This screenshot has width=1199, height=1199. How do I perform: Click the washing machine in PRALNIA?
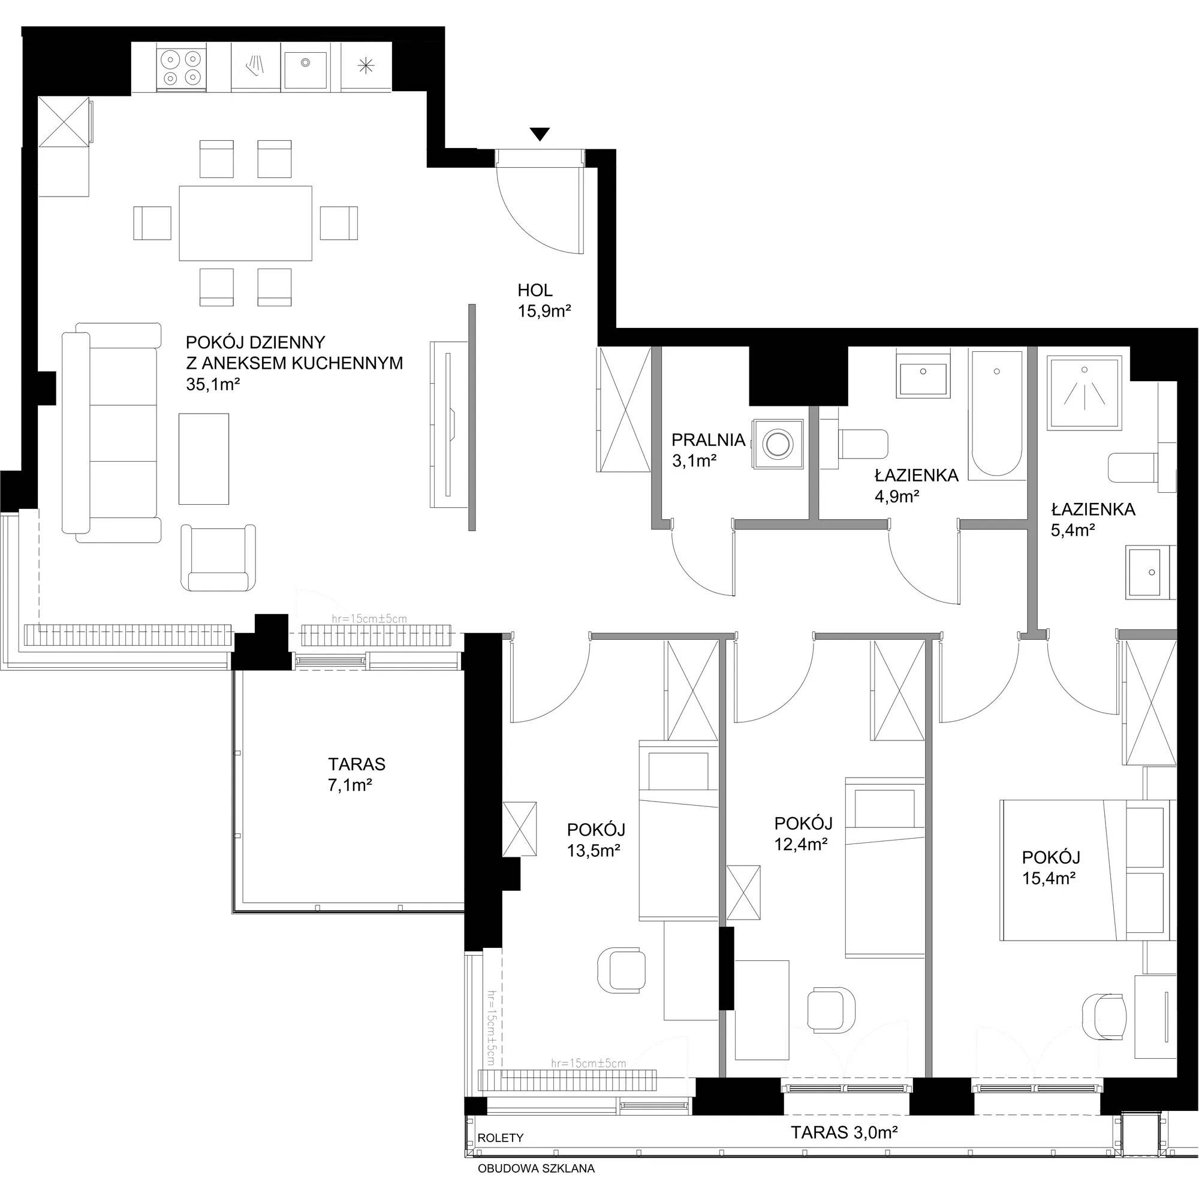(x=778, y=444)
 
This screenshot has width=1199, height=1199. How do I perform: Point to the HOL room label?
(x=535, y=290)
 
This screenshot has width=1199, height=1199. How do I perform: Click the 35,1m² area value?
(x=213, y=384)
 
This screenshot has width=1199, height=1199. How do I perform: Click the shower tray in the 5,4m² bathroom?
(x=1084, y=393)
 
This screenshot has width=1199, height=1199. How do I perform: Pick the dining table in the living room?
(x=245, y=223)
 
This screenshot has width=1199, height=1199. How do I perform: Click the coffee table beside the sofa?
(x=204, y=459)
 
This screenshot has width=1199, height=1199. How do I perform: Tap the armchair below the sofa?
(x=218, y=558)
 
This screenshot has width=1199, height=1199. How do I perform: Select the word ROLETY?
(x=500, y=1138)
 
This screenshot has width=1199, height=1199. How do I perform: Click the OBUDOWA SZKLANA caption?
(x=535, y=1168)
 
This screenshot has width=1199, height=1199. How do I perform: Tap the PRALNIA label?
(x=708, y=440)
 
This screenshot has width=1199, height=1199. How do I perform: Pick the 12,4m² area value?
(x=800, y=844)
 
